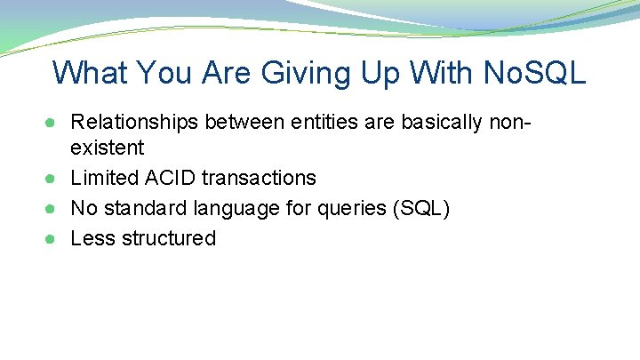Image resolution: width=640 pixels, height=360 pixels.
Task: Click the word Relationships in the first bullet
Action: [134, 121]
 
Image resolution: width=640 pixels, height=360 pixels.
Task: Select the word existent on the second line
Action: [107, 148]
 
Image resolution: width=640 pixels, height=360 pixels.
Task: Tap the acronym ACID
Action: [168, 178]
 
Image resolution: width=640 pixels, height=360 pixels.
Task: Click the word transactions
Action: [259, 178]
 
